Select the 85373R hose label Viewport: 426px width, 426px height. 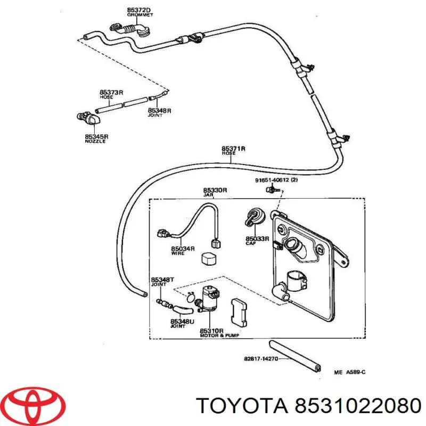coord(111,94)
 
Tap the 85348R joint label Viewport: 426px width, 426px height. coord(160,112)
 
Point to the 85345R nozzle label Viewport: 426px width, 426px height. coord(95,138)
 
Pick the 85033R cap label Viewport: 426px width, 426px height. coord(257,240)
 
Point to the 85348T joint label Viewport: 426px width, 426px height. coord(161,281)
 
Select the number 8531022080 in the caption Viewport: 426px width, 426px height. coord(354,407)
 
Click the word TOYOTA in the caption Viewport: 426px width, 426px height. coord(240,407)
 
